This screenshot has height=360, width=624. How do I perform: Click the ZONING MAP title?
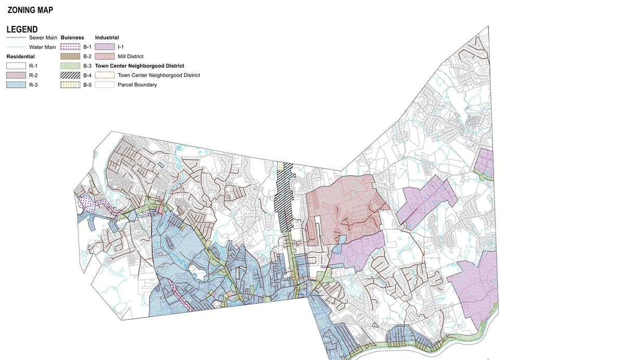coord(30,10)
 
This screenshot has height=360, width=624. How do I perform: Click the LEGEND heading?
coord(21,29)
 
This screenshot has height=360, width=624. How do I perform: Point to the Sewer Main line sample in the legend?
coord(16,38)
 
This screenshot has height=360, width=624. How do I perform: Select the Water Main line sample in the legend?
coord(16,47)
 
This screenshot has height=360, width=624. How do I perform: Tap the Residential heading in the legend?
coord(20,56)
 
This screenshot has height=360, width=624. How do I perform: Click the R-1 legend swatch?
coord(16,66)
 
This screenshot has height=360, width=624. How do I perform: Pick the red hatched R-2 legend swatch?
coord(16,75)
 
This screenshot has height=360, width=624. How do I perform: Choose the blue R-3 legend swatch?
coord(16,85)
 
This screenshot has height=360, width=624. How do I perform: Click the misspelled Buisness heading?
coord(72,38)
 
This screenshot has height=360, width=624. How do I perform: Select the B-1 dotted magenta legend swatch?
coord(70,47)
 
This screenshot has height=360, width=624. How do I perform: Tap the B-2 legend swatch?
coord(70,57)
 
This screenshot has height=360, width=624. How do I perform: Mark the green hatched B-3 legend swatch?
coord(70,66)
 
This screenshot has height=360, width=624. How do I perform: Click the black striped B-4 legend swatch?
coord(70,75)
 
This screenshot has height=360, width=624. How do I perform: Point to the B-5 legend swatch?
coord(70,85)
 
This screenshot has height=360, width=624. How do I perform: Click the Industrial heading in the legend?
coord(107,38)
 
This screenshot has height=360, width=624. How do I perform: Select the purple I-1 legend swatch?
coord(105,47)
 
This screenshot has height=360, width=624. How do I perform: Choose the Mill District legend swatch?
coord(105,57)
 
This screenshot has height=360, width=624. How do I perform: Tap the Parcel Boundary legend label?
coord(137,85)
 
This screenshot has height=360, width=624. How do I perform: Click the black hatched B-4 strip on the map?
coord(283,192)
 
